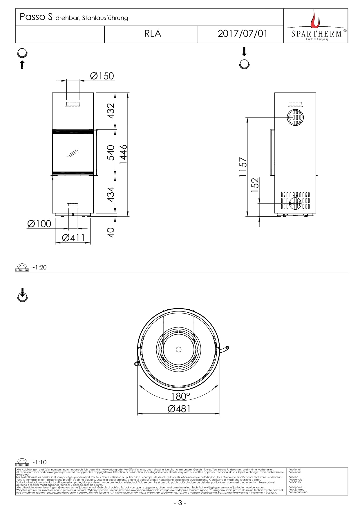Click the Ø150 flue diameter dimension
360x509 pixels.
(x=102, y=76)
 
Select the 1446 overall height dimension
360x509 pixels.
(x=123, y=154)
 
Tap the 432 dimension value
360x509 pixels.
(x=111, y=111)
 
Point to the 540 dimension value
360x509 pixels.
(x=111, y=153)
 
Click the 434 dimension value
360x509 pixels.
(x=111, y=194)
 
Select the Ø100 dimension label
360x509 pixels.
(x=39, y=224)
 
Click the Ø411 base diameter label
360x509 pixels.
(x=73, y=238)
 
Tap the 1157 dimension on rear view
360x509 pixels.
(x=243, y=167)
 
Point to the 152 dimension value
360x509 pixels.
(x=255, y=185)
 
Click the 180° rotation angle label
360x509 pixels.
(x=180, y=396)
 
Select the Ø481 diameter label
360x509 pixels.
(x=179, y=409)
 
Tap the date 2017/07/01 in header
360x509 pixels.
(x=242, y=34)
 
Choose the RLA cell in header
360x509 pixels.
(x=153, y=34)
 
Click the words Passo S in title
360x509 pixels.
(x=36, y=17)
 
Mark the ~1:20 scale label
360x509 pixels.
(x=39, y=267)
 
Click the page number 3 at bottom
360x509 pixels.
(x=180, y=503)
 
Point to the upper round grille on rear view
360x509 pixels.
(x=295, y=117)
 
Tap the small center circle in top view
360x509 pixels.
(x=179, y=349)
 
